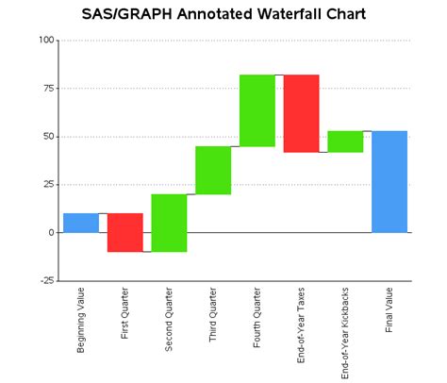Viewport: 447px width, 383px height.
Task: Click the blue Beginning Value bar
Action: (x=81, y=223)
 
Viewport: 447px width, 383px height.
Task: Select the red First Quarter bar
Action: (x=124, y=232)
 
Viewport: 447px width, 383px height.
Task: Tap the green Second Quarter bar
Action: (x=169, y=223)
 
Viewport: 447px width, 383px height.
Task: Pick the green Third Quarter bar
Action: (x=213, y=170)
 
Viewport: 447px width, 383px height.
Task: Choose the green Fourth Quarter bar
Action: (x=257, y=110)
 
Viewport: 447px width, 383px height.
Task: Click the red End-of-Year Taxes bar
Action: (x=301, y=113)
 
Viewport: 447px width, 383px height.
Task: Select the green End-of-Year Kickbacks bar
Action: (x=345, y=142)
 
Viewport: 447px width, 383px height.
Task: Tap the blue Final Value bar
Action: (x=389, y=181)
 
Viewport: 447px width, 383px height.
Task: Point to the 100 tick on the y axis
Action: (x=44, y=41)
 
